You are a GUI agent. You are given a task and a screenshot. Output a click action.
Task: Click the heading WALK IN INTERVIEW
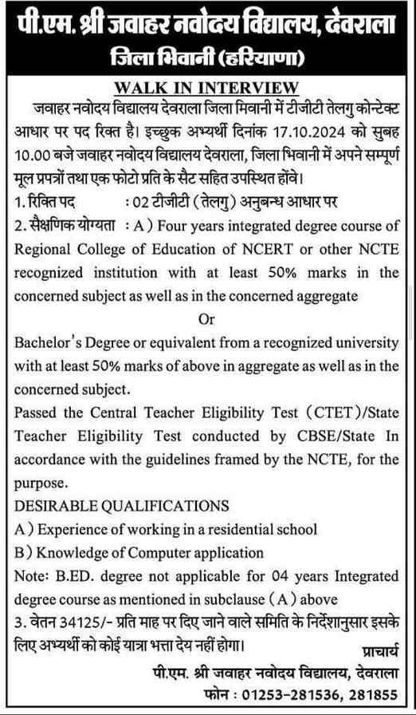click(206, 87)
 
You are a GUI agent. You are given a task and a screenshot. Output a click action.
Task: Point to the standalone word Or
click(206, 319)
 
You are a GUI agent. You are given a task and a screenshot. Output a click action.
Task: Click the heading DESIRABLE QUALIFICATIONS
click(122, 506)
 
